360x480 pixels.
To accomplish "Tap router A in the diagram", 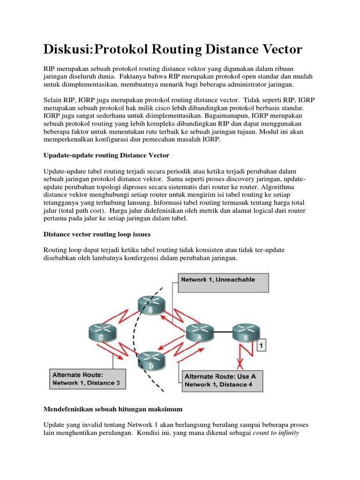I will pos(200,333).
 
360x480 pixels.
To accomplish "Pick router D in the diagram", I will pos(152,361).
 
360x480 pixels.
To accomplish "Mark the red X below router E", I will pos(241,363).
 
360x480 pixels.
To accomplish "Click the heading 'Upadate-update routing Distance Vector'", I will pos(106,155).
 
